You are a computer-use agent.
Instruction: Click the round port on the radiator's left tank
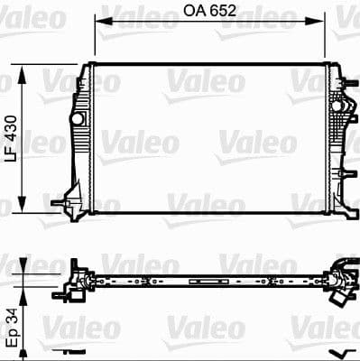[79, 117]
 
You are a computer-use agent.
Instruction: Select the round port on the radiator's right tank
[339, 107]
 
